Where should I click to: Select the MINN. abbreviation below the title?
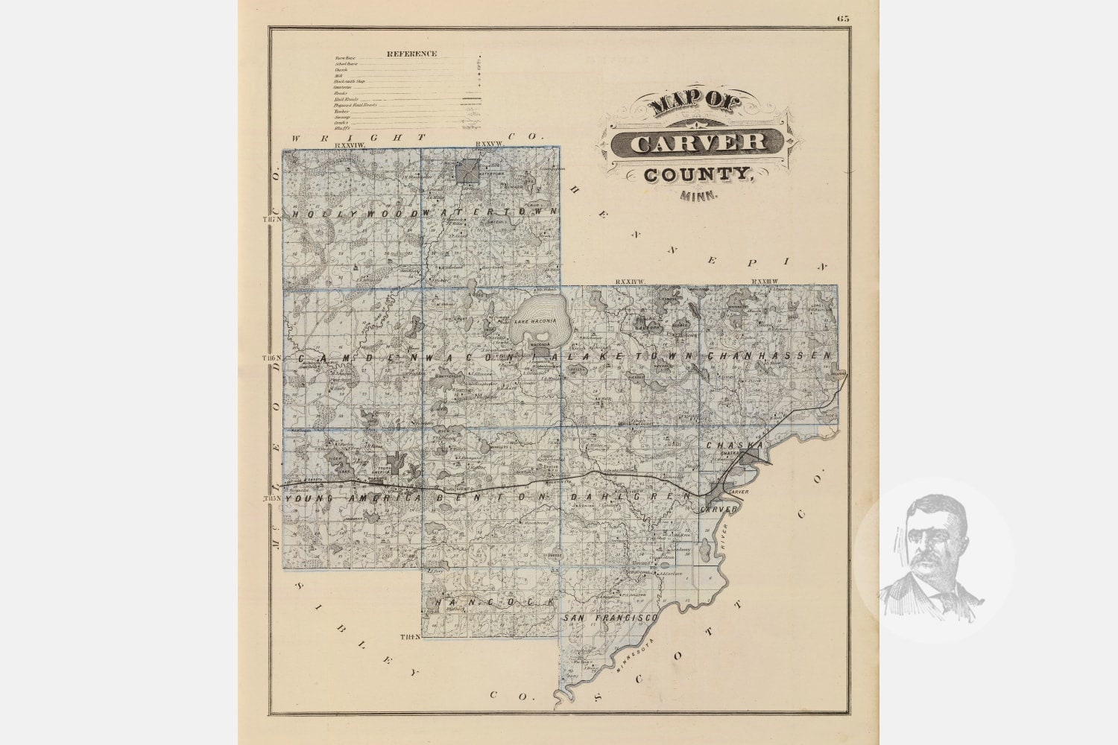[698, 197]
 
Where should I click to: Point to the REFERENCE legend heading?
[411, 54]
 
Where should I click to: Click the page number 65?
[843, 19]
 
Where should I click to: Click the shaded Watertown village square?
[467, 171]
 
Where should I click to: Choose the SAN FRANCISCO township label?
[609, 619]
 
